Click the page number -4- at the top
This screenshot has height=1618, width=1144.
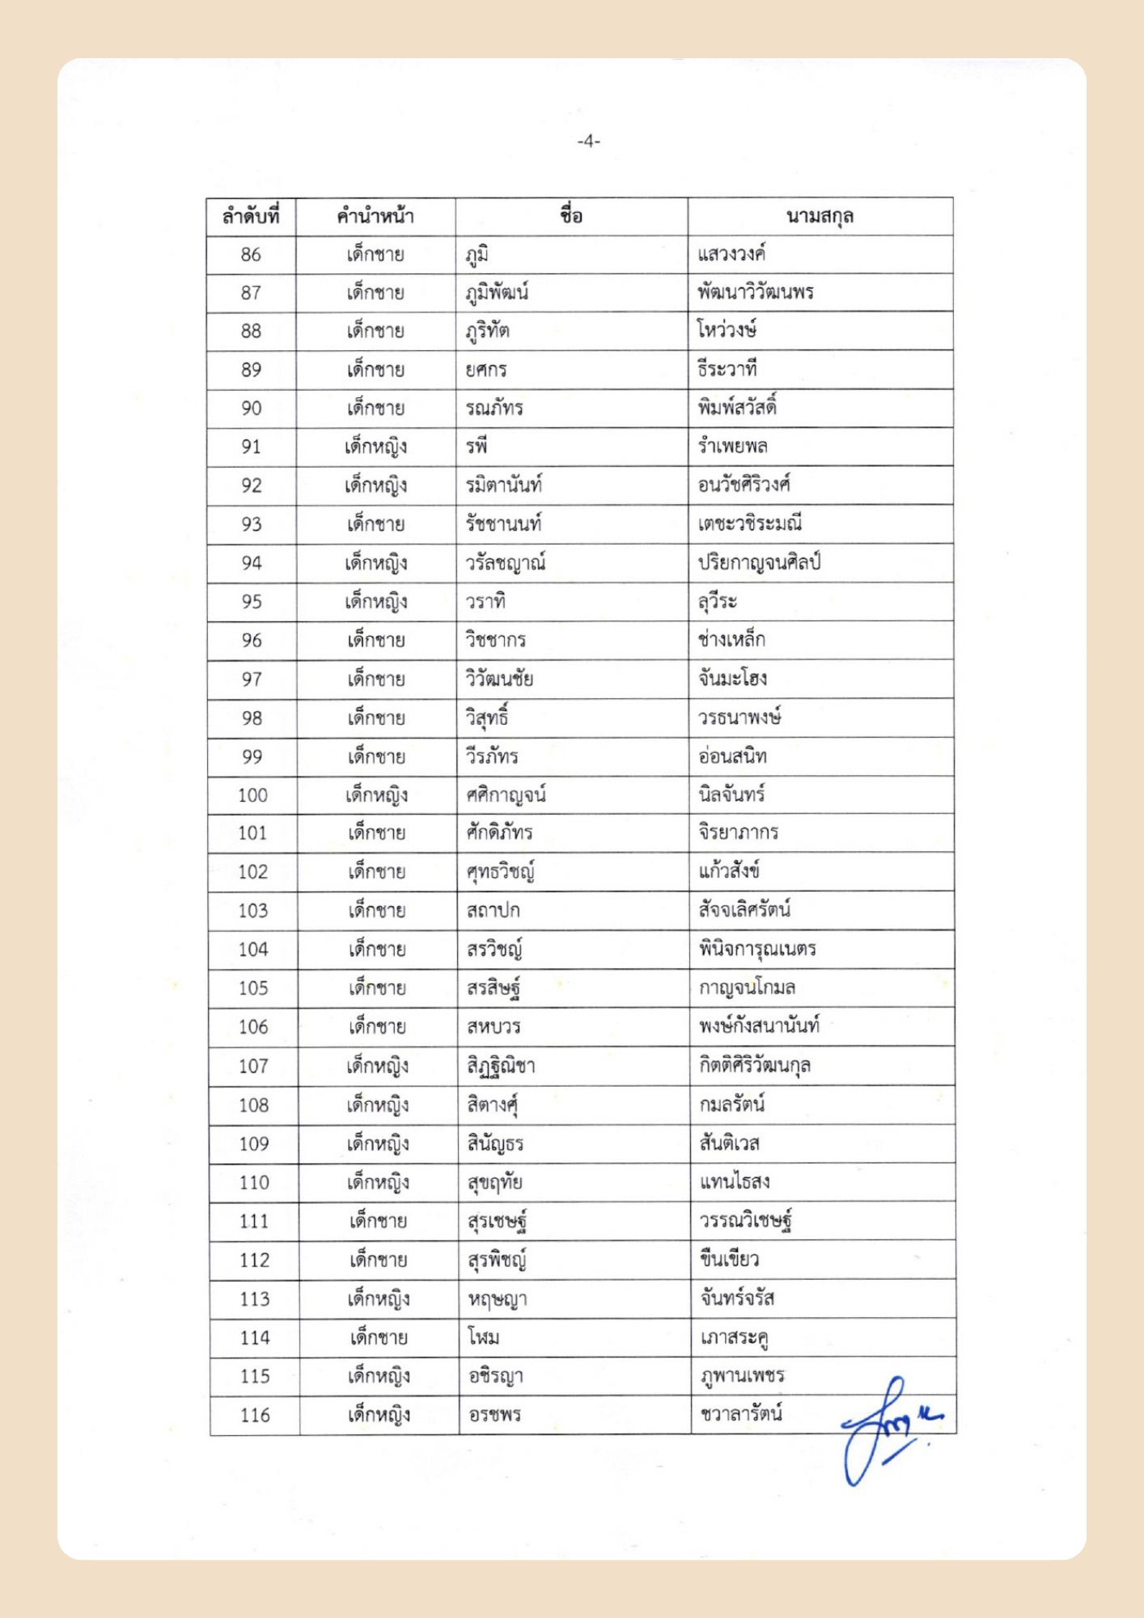pyautogui.click(x=588, y=142)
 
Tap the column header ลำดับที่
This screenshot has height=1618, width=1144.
pyautogui.click(x=251, y=217)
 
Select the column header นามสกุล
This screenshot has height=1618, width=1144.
pyautogui.click(x=820, y=217)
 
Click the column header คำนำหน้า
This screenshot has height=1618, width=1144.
pyautogui.click(x=375, y=217)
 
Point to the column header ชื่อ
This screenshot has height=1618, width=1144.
pyautogui.click(x=571, y=216)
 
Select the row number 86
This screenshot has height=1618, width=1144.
pyautogui.click(x=251, y=255)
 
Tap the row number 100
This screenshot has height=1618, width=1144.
pyautogui.click(x=252, y=795)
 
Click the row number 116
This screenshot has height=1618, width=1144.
pyautogui.click(x=255, y=1415)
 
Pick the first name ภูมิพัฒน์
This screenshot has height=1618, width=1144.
pyautogui.click(x=497, y=293)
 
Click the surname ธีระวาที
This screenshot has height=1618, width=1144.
pyautogui.click(x=727, y=370)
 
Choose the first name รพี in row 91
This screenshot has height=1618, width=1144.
pyautogui.click(x=477, y=447)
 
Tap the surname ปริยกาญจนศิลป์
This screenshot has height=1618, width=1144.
pyautogui.click(x=759, y=562)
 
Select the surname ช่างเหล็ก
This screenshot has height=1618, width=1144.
pyautogui.click(x=731, y=640)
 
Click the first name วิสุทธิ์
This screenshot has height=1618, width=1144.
pyautogui.click(x=487, y=718)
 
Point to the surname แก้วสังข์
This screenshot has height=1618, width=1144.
pyautogui.click(x=729, y=871)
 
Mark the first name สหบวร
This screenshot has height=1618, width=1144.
pyautogui.click(x=494, y=1027)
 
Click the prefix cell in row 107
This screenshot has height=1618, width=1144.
pyautogui.click(x=378, y=1065)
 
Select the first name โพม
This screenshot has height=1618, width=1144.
pyautogui.click(x=483, y=1337)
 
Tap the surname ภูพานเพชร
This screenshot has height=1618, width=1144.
pyautogui.click(x=741, y=1375)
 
